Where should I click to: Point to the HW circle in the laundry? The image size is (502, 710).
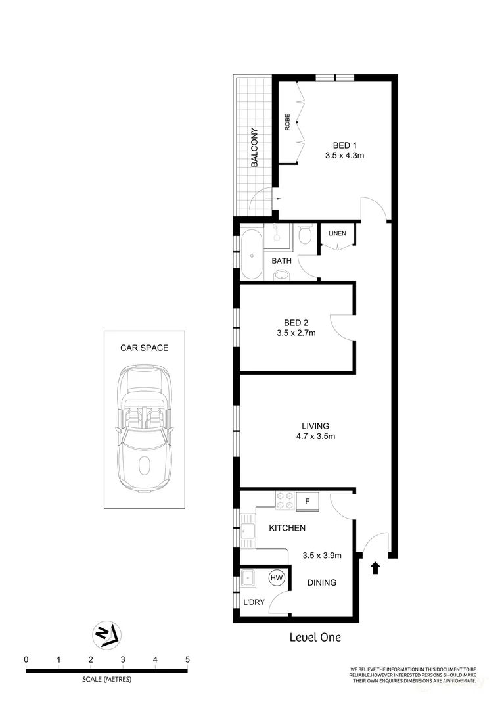[x=277, y=578]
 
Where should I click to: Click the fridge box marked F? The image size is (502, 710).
[x=307, y=502]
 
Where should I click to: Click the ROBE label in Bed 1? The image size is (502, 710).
[x=287, y=123]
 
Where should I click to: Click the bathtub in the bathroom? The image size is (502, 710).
[x=250, y=255]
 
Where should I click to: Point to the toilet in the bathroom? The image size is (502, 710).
[x=305, y=235]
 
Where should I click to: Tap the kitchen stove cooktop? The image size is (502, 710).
[x=284, y=501]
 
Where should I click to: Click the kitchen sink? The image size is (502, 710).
[x=248, y=530]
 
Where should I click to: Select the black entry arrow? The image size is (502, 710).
[x=375, y=568]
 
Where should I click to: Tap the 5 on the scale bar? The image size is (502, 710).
[x=187, y=659]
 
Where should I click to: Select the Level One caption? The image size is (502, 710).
[x=315, y=637]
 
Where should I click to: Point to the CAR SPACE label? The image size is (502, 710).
[x=144, y=348]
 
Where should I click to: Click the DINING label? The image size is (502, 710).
[x=322, y=582]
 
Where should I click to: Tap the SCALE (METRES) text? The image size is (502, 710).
[x=106, y=680]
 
